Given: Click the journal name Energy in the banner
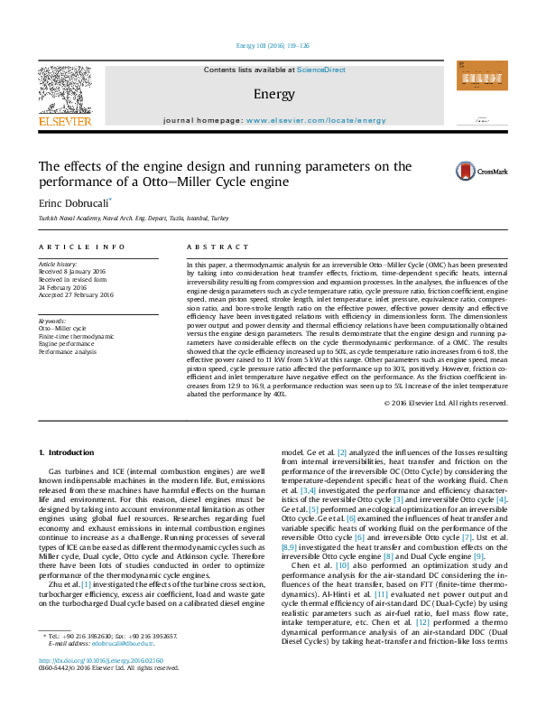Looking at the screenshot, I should pyautogui.click(x=273, y=94).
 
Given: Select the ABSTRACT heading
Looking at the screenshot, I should pyautogui.click(x=218, y=247).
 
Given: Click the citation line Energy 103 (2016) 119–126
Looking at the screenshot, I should pyautogui.click(x=268, y=45).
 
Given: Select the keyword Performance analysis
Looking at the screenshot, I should pyautogui.click(x=68, y=352).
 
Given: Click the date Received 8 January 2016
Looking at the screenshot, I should pyautogui.click(x=73, y=271).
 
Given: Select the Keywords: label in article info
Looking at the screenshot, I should pyautogui.click(x=52, y=321).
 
